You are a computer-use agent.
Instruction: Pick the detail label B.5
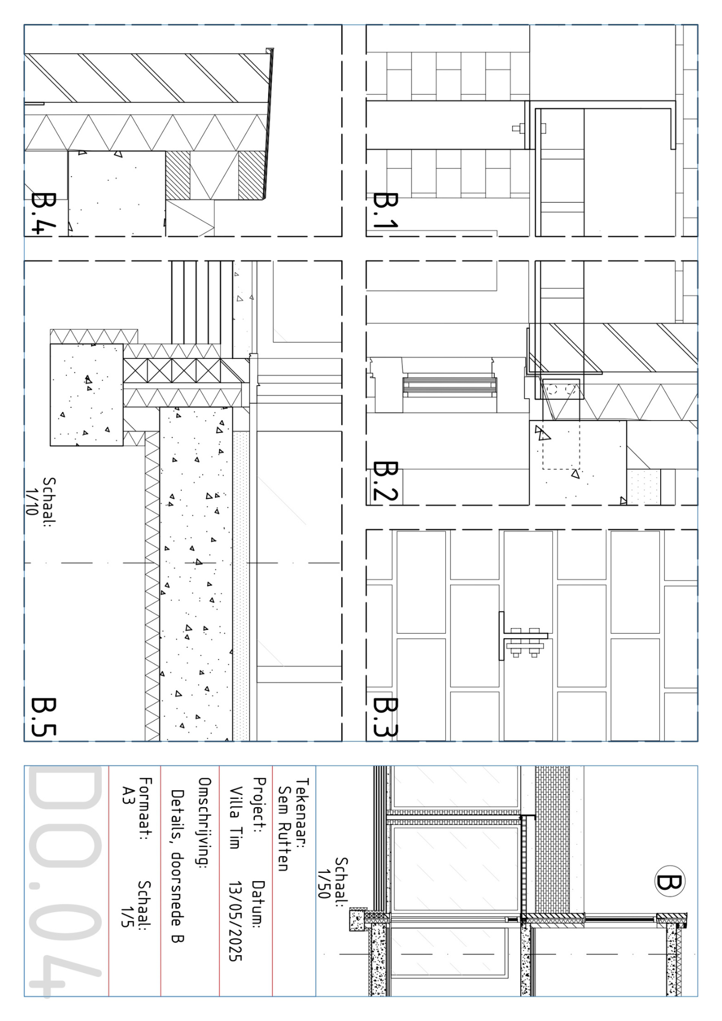pyautogui.click(x=44, y=717)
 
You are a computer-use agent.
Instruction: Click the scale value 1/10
pyautogui.click(x=32, y=501)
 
